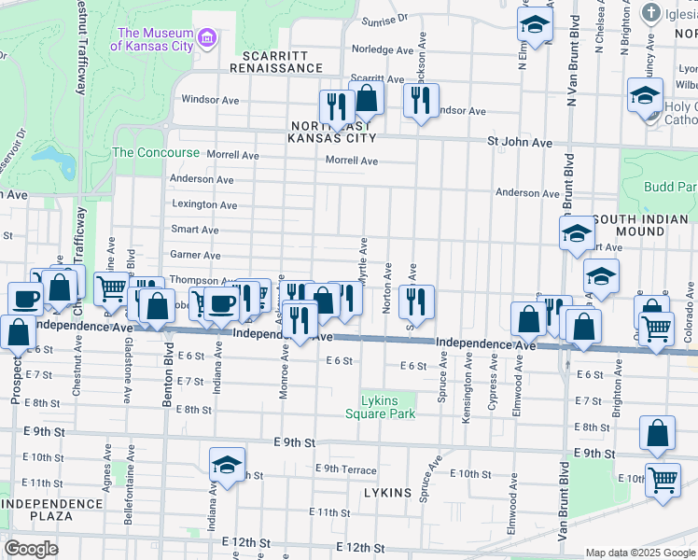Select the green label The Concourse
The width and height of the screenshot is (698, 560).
156,152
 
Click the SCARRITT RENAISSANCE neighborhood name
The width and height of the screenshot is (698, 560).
276,61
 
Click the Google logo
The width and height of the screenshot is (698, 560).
32,549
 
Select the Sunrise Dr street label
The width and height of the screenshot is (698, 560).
385,18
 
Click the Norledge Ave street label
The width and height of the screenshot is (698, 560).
382,50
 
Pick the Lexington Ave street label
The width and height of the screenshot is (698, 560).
203,204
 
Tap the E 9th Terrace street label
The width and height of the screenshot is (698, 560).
346,470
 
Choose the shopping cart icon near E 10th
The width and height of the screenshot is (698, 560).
663,481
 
